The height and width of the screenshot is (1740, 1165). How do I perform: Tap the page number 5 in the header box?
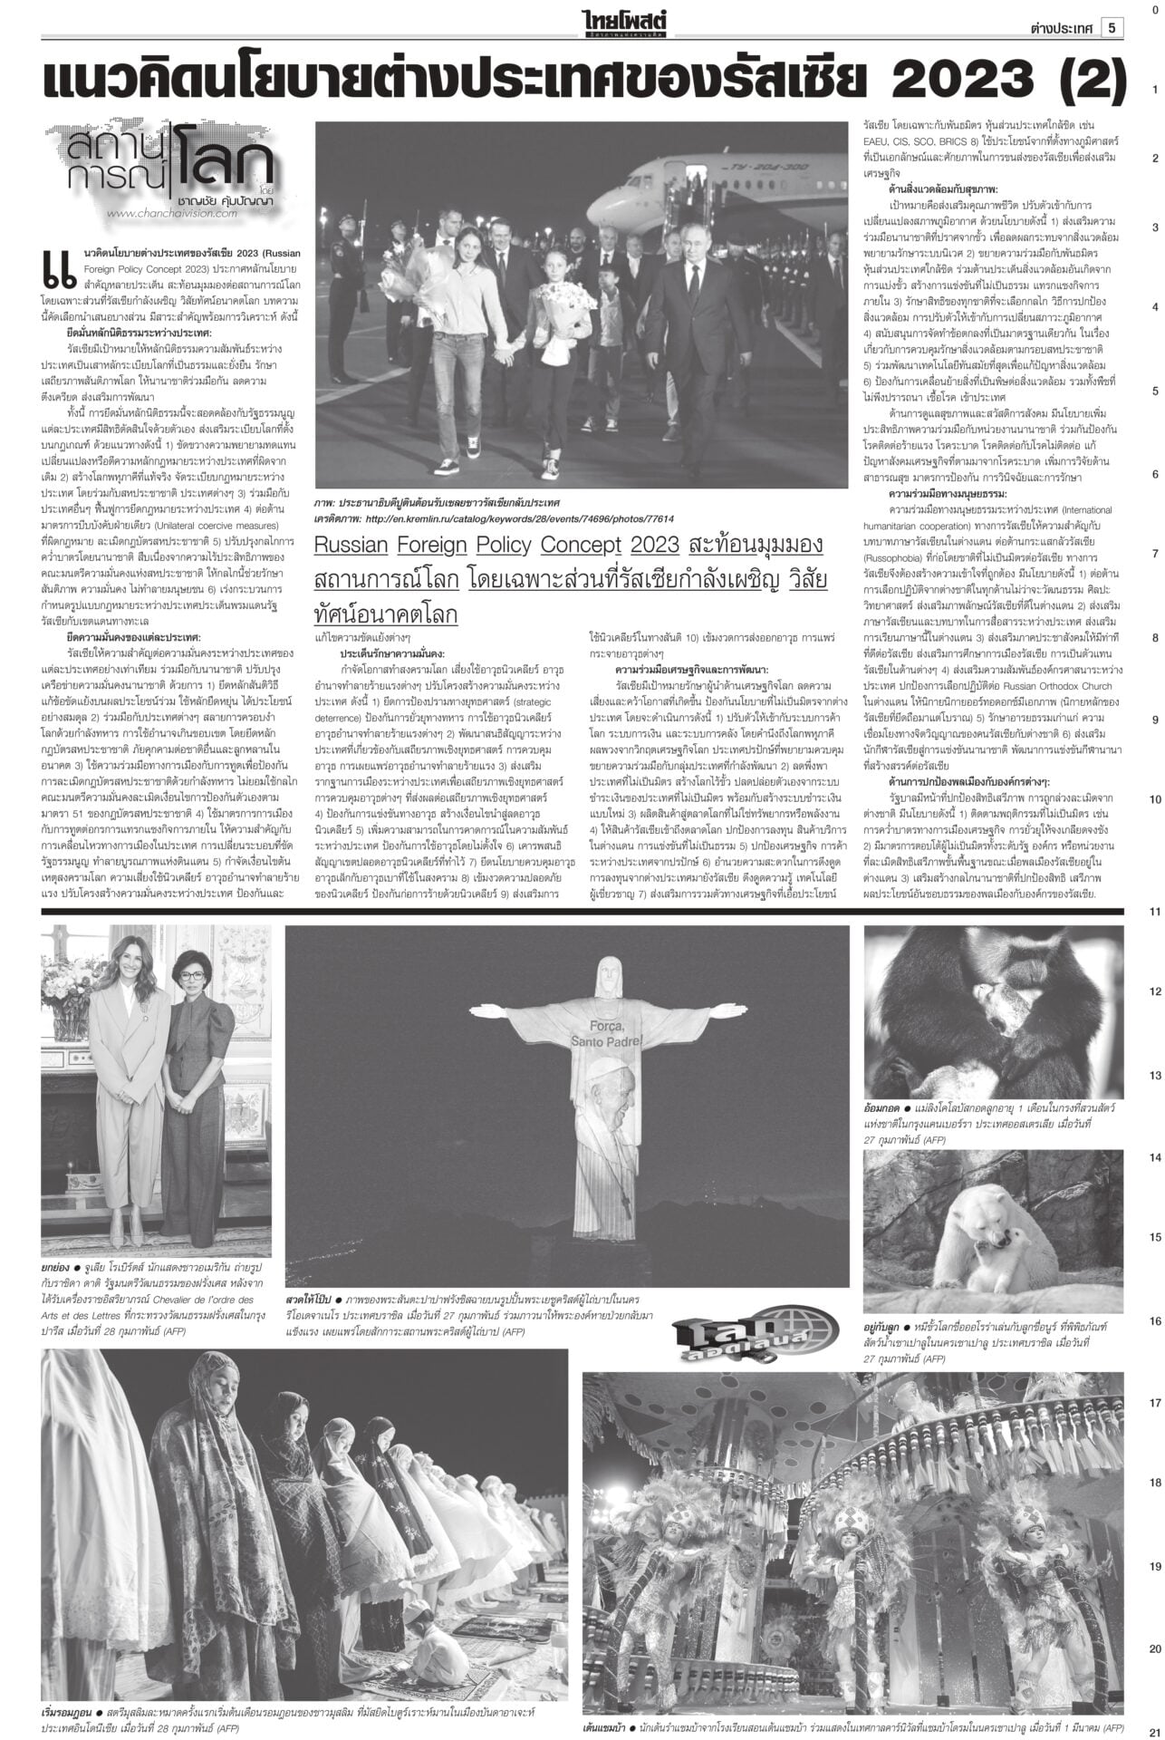pyautogui.click(x=1112, y=28)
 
